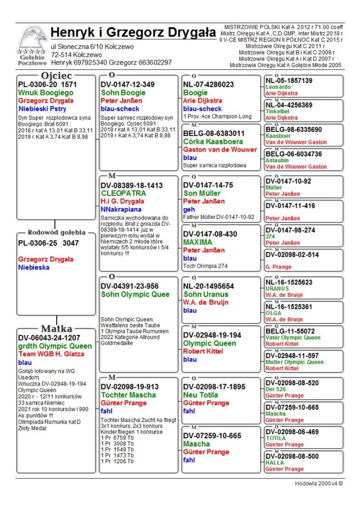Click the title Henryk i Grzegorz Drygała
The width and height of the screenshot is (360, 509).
[133, 32]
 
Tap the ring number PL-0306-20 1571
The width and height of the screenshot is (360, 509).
[47, 84]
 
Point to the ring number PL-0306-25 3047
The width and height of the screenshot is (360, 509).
[48, 243]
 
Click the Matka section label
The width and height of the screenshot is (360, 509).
[57, 328]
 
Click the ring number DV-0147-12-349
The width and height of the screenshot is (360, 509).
[127, 84]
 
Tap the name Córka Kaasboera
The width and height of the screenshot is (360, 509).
[213, 141]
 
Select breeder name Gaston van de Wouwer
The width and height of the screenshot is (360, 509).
[220, 149]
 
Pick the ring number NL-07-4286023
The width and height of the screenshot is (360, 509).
[208, 84]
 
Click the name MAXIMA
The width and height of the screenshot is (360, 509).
[198, 242]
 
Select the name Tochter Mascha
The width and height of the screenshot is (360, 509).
[128, 395]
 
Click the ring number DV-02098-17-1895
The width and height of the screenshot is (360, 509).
[214, 387]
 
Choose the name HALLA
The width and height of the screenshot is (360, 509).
[274, 463]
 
